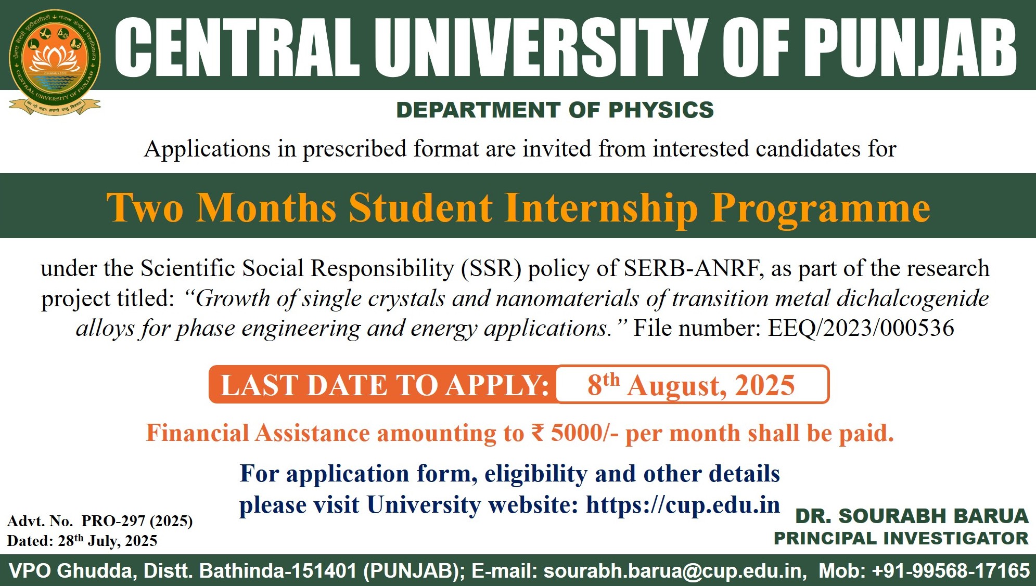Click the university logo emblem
55,62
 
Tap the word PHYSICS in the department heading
661,110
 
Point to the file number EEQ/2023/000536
861,328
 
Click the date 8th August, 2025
691,385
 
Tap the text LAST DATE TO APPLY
385,385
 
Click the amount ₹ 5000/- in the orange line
575,433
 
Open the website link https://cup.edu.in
683,505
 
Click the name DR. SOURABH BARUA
912,516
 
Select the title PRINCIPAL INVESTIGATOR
901,538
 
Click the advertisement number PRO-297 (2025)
137,520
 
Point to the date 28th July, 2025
108,540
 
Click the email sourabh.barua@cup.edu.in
673,571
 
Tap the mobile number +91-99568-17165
951,571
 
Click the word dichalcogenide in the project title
913,298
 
